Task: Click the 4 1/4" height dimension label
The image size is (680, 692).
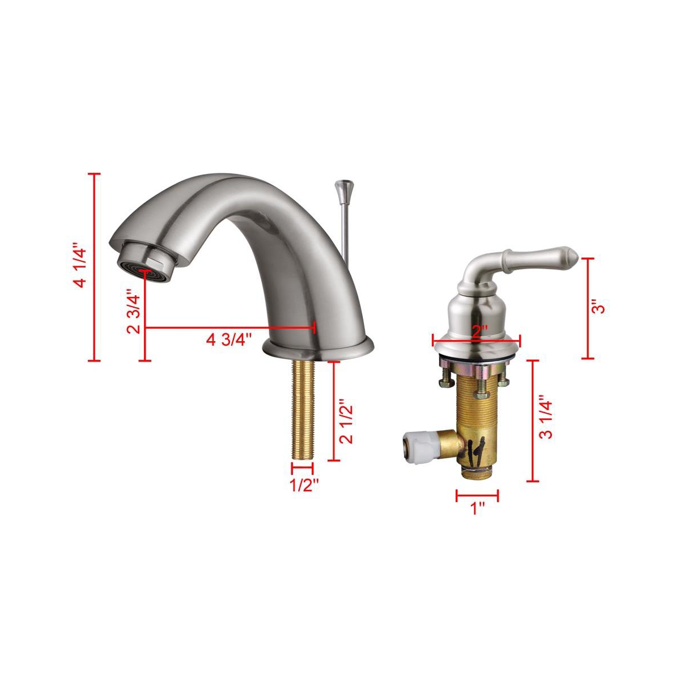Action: [x=80, y=267]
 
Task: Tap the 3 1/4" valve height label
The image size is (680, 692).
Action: [x=546, y=417]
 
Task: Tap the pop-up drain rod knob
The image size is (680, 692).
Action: [x=342, y=187]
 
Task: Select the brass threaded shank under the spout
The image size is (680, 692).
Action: [x=303, y=409]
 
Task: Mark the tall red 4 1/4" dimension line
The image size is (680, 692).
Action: [x=96, y=267]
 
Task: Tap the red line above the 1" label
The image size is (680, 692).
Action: [x=477, y=495]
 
